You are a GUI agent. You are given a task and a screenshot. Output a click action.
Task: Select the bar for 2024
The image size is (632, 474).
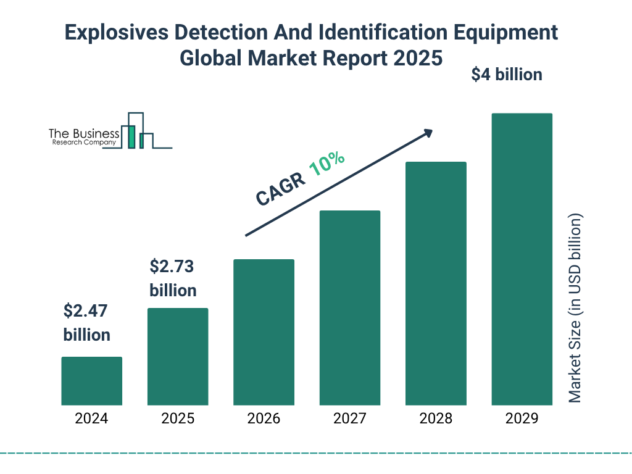point(91,381)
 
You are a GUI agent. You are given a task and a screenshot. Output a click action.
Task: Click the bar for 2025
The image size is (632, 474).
point(178,357)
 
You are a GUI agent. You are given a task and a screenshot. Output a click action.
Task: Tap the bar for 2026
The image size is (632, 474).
point(264,332)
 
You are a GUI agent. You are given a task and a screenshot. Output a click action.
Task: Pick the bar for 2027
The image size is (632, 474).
point(349,308)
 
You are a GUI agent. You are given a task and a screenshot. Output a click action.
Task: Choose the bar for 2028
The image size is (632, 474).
point(435,283)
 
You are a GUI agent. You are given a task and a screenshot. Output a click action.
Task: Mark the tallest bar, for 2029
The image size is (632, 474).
point(522,259)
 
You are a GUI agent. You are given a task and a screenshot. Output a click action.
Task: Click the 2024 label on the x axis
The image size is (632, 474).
point(91,418)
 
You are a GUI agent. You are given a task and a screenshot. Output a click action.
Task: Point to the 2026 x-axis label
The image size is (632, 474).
point(264,418)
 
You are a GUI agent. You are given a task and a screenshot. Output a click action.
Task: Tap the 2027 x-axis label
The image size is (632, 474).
point(349,418)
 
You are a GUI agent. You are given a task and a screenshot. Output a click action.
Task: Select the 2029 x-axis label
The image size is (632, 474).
point(522,418)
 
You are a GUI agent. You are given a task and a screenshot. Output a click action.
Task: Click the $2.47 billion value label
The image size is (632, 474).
point(87,323)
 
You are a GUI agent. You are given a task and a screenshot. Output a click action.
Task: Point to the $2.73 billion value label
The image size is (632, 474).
point(173,278)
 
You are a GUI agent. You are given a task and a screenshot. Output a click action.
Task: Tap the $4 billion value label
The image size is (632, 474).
point(507,75)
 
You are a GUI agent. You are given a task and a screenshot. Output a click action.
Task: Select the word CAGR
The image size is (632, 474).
point(280,189)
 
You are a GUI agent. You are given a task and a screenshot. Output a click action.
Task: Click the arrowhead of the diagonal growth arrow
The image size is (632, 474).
point(428,133)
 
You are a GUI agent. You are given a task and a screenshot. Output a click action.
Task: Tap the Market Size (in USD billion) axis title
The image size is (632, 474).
point(575,309)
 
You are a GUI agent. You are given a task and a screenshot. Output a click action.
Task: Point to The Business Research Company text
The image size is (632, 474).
point(84,137)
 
